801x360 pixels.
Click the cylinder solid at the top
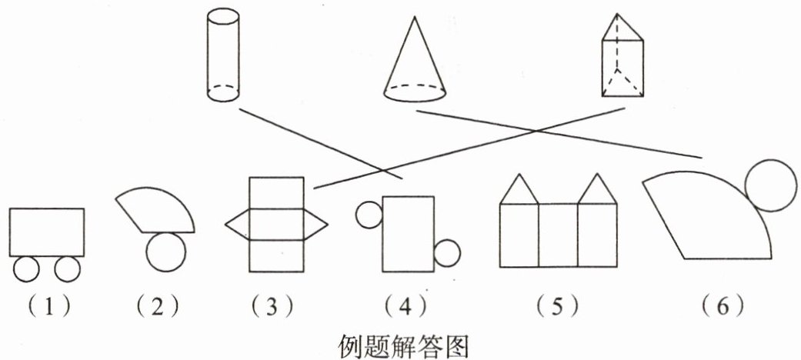point(223,55)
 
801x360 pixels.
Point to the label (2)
point(157,308)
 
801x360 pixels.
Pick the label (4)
point(409,308)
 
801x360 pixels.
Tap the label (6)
point(723,308)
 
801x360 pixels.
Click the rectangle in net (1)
point(46,232)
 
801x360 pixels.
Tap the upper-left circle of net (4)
point(369,215)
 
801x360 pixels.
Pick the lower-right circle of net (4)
point(447,254)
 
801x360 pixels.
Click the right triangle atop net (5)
point(598,190)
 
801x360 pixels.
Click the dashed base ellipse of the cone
point(414,94)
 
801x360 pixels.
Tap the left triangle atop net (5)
point(519,190)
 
